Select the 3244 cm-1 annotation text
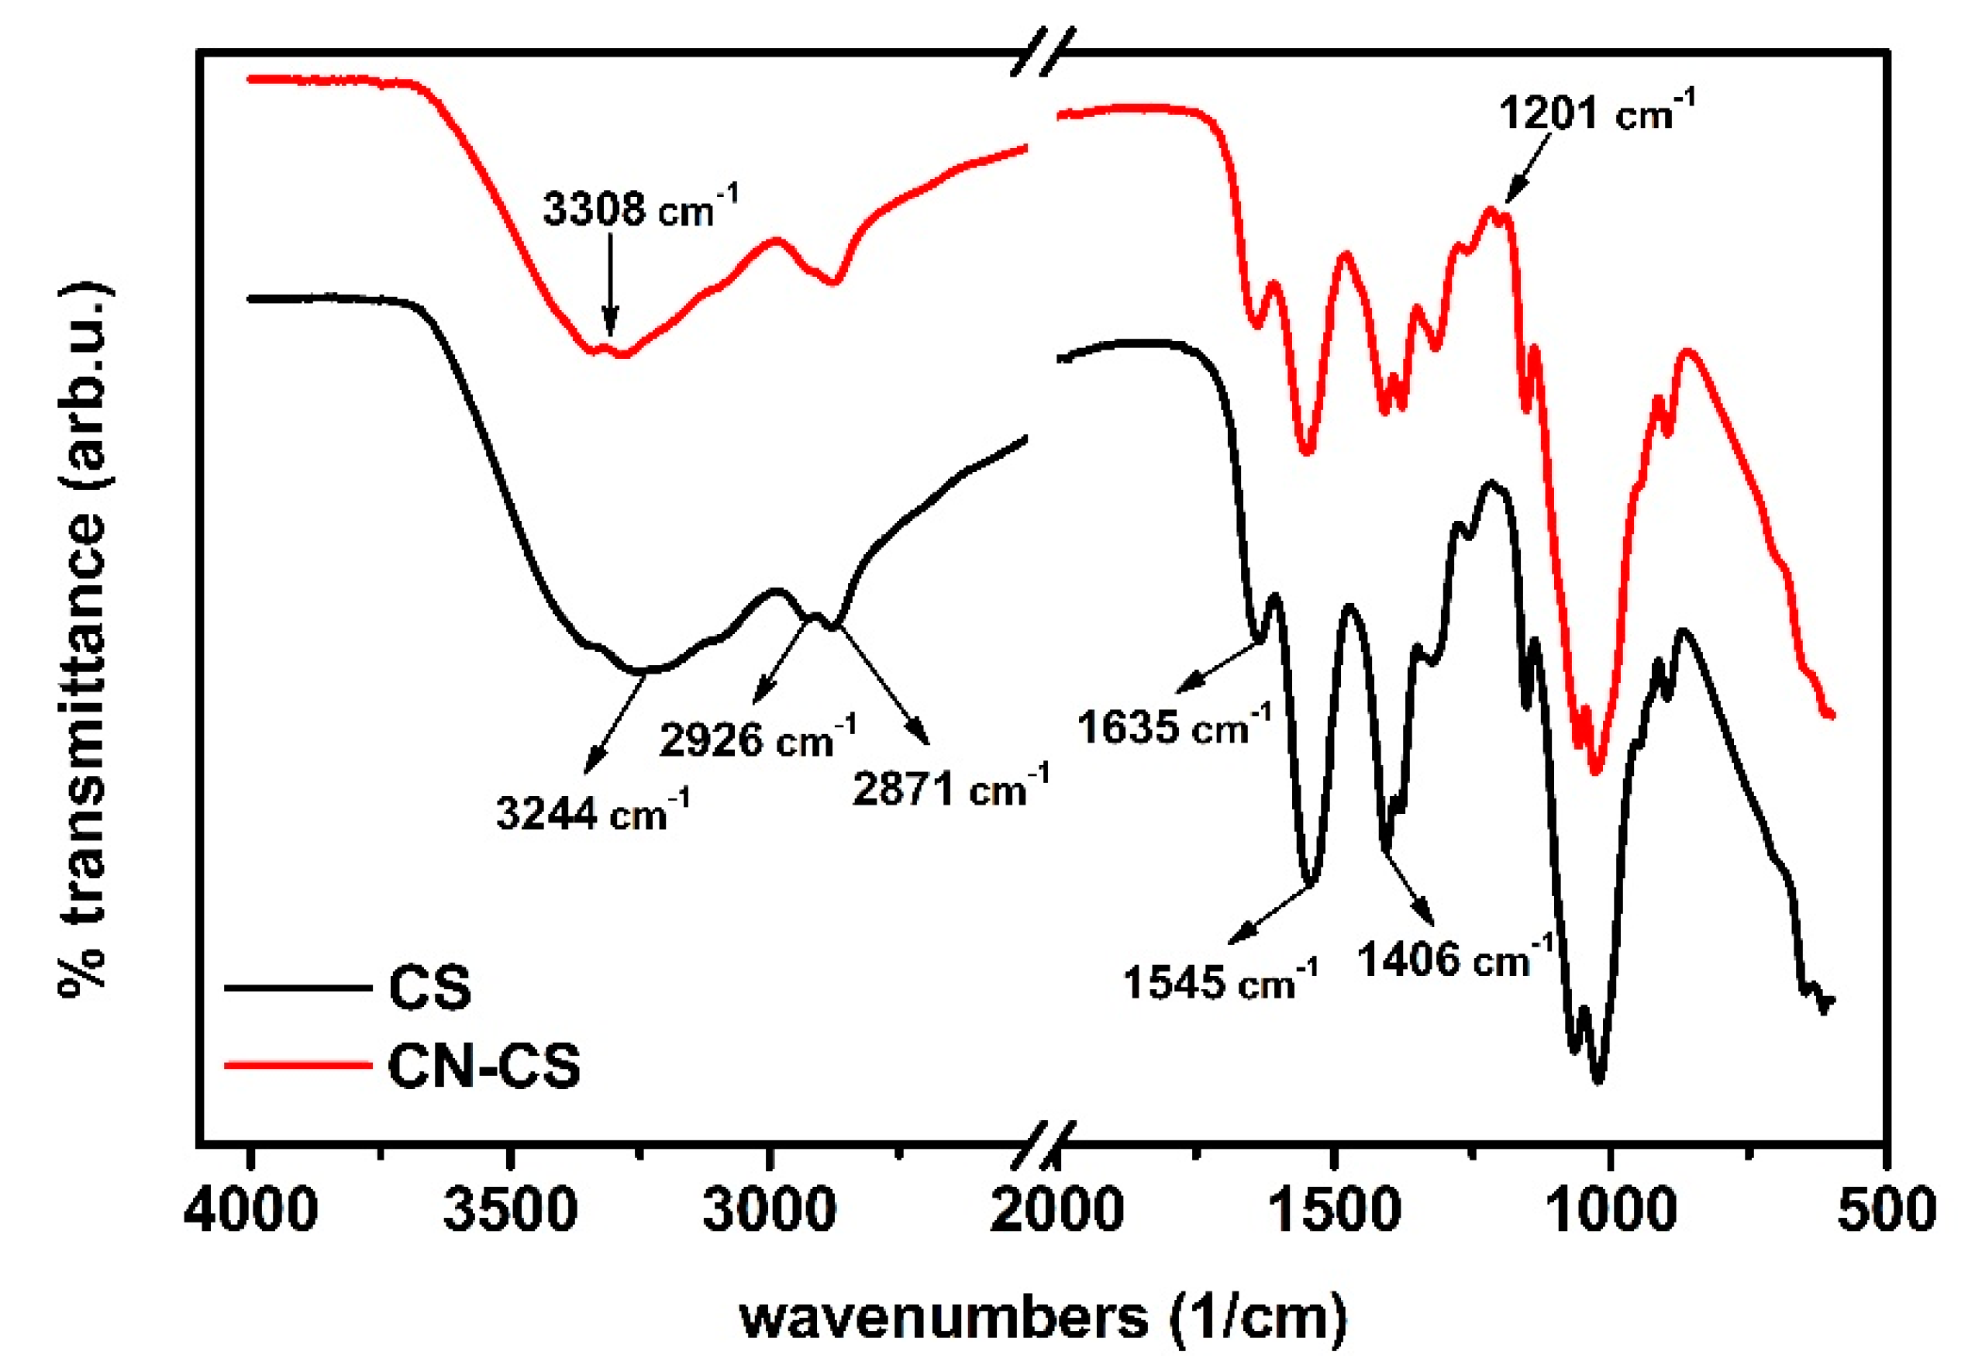coord(593,812)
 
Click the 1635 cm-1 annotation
coord(1174,726)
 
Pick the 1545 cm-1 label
coord(1220,981)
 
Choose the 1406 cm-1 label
coord(1455,958)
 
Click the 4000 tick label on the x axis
coord(251,1211)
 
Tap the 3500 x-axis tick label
coord(511,1211)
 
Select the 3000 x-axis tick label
coord(770,1211)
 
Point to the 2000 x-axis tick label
coord(1056,1211)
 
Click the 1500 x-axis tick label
coord(1336,1211)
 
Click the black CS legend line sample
coord(298,988)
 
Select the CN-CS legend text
coord(484,1066)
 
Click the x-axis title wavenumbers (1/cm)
coord(1043,1318)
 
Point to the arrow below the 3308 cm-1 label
coord(609,286)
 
